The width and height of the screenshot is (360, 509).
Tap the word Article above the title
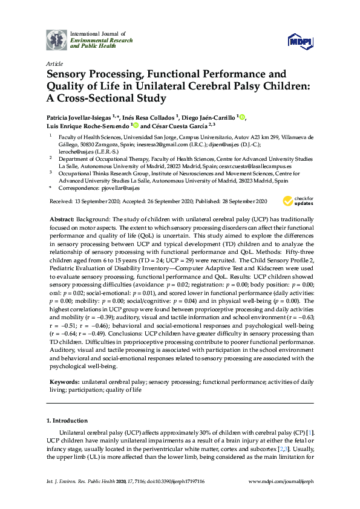(54, 62)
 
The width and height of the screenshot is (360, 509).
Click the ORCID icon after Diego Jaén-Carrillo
(243, 117)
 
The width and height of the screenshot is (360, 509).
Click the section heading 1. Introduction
(67, 420)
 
